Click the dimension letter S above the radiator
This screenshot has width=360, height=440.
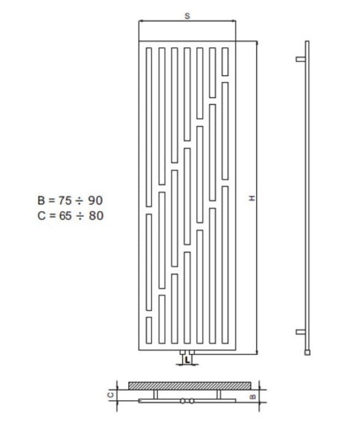pyautogui.click(x=187, y=16)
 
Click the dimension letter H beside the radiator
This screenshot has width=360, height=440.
pyautogui.click(x=252, y=198)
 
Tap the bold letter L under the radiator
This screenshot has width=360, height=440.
pyautogui.click(x=187, y=360)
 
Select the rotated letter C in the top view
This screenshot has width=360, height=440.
pyautogui.click(x=111, y=395)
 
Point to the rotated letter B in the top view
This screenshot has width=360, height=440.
pyautogui.click(x=253, y=396)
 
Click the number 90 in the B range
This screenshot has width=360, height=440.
pyautogui.click(x=95, y=200)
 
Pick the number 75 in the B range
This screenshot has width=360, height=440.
pyautogui.click(x=65, y=200)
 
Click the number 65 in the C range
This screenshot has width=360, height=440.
pyautogui.click(x=66, y=215)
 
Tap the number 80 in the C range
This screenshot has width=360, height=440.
pyautogui.click(x=96, y=215)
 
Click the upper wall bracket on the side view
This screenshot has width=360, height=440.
pyautogui.click(x=301, y=59)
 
